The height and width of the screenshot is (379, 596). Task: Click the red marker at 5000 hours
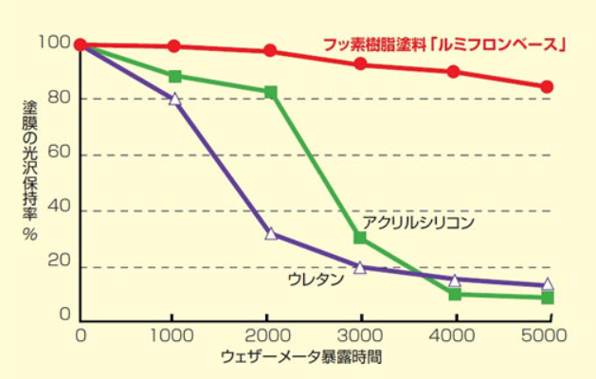tap(547, 87)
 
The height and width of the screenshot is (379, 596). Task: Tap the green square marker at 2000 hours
tap(270, 93)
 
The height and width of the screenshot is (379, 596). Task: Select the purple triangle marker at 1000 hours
tap(174, 99)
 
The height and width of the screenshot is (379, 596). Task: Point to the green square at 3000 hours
tap(360, 238)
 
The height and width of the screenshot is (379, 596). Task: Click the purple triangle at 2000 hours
tap(271, 233)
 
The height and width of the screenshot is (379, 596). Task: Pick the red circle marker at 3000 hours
tap(360, 64)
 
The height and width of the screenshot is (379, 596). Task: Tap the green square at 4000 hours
tap(455, 294)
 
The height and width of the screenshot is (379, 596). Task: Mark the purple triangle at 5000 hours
tap(547, 284)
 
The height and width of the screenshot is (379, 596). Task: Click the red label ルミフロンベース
tap(444, 44)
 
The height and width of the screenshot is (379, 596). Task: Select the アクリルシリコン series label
tap(418, 222)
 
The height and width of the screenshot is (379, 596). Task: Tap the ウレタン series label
tap(310, 280)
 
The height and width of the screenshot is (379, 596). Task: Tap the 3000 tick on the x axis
tap(360, 335)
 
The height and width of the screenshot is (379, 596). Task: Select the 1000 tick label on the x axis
tap(172, 335)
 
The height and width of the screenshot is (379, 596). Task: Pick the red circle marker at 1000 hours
tap(174, 46)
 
